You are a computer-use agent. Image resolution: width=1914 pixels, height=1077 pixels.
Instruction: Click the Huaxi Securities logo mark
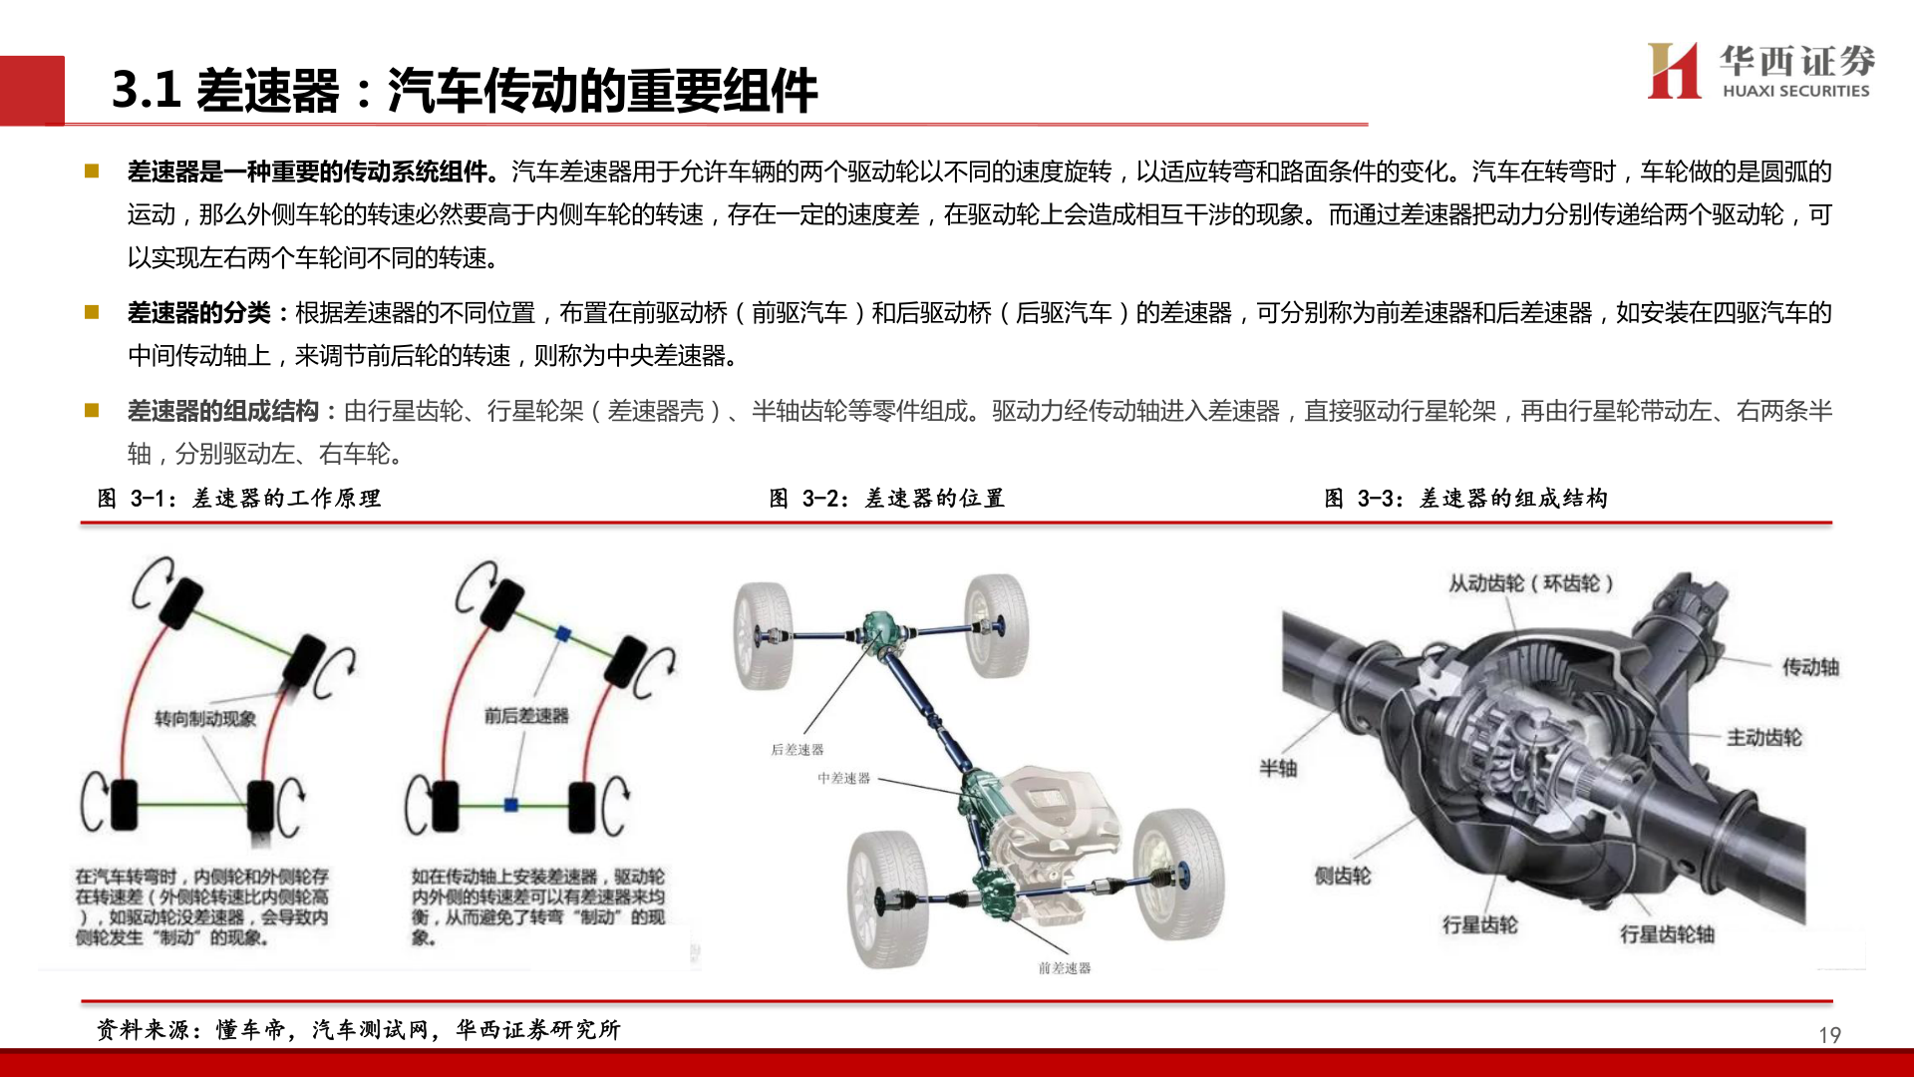point(1674,71)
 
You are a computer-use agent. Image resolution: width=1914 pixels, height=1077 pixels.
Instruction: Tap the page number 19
point(1829,1035)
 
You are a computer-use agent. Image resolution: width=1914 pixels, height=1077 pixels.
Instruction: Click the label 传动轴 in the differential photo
point(1810,667)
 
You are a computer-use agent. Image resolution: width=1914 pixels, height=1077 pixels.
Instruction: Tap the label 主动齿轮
point(1763,738)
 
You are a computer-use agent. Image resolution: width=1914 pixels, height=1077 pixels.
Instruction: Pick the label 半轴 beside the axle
point(1278,768)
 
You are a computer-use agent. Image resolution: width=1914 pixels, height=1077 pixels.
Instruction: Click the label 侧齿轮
point(1342,876)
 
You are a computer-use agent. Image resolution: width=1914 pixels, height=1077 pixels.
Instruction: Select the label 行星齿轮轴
point(1667,934)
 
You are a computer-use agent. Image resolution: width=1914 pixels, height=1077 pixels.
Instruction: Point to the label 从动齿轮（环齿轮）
point(1530,583)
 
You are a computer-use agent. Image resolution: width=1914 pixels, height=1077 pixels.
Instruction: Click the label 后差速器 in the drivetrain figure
point(797,750)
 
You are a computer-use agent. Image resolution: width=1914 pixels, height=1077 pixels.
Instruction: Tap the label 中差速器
point(843,778)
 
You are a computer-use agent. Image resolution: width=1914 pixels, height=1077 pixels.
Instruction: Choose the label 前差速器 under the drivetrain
point(1064,968)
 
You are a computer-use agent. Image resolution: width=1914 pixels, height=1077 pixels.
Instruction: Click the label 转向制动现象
point(205,719)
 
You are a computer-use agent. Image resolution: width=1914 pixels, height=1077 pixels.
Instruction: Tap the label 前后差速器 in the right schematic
point(526,716)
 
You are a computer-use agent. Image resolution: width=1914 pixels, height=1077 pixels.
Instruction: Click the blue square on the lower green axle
point(511,804)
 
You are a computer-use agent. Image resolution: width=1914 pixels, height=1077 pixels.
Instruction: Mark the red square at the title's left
point(32,90)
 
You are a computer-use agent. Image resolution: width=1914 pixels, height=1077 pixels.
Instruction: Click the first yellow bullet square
point(92,172)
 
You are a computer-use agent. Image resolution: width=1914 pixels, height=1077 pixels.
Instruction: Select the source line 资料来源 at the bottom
point(359,1029)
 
